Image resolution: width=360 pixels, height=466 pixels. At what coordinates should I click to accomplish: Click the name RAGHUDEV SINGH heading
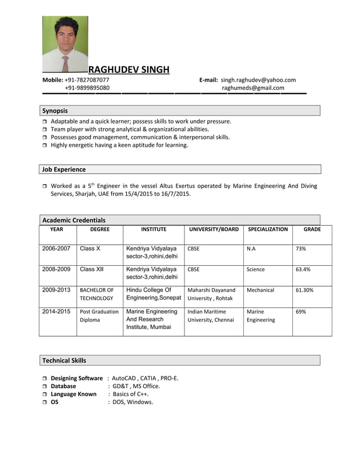(x=129, y=69)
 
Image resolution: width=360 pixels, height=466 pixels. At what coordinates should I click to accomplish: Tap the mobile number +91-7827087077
(x=87, y=80)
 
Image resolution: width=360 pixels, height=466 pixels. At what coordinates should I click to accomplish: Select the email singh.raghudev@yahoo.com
(x=258, y=80)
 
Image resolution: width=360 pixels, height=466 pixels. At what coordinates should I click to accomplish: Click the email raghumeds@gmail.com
(x=253, y=88)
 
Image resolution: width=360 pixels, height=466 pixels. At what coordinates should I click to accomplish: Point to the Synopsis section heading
(x=55, y=111)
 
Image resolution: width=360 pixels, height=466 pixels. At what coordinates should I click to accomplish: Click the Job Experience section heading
(x=64, y=169)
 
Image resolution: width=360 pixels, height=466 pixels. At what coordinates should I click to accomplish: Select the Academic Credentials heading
(x=73, y=220)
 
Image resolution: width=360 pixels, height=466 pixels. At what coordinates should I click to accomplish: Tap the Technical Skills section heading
(x=64, y=360)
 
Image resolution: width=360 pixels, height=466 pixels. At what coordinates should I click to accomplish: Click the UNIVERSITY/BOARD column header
(x=214, y=230)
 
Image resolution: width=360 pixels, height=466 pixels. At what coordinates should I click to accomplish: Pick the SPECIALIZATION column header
(x=267, y=230)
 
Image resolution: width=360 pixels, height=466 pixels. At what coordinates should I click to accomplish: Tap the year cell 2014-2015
(x=56, y=311)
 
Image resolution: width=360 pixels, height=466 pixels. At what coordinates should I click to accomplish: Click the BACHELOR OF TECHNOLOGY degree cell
(x=96, y=294)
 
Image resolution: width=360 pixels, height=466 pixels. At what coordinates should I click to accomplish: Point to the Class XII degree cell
(x=91, y=270)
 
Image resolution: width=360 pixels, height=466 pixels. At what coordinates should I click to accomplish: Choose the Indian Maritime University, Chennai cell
(x=210, y=315)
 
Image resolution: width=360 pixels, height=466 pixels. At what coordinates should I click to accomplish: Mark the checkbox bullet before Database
(x=45, y=386)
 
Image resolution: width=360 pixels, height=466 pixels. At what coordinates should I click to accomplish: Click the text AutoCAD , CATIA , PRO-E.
(x=145, y=378)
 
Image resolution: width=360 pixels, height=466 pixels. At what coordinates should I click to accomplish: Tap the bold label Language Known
(x=73, y=394)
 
